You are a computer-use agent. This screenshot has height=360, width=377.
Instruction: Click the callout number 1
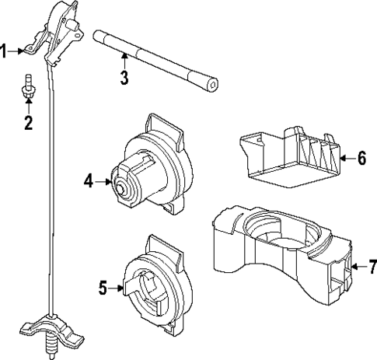(4, 52)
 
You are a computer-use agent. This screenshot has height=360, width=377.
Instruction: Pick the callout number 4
(89, 181)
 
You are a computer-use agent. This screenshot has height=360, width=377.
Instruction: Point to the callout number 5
(103, 287)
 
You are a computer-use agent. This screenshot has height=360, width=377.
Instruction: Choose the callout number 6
(361, 159)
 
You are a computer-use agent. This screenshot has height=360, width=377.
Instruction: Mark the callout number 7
(371, 268)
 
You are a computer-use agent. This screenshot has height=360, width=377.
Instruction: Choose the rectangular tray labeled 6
(288, 156)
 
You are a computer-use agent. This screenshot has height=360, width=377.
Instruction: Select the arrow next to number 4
(103, 181)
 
